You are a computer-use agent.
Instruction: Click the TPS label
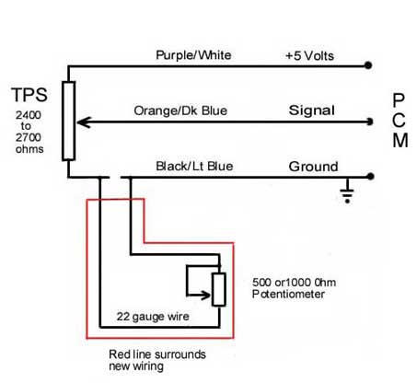point(29,95)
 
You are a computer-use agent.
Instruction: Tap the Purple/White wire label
point(193,55)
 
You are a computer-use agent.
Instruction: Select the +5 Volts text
point(309,56)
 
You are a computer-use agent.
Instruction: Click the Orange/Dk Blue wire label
point(180,110)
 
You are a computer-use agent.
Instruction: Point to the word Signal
point(311,110)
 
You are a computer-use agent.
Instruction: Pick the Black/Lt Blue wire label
point(194,166)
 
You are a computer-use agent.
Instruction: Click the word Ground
point(313,167)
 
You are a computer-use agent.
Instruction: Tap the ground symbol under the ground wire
point(347,191)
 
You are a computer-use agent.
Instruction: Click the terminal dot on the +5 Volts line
point(368,65)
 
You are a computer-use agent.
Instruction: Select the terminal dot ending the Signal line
point(369,122)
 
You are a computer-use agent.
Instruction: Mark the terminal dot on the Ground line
point(370,177)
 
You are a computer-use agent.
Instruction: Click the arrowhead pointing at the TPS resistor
point(83,122)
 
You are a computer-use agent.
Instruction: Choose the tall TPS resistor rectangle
point(69,121)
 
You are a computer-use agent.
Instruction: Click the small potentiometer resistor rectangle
point(219,289)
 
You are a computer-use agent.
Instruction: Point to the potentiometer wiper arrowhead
point(206,296)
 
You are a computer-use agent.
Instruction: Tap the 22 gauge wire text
point(153,317)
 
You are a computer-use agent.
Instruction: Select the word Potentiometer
point(288,294)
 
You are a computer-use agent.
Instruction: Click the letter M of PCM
point(400,141)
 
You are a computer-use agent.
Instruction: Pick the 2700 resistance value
point(29,137)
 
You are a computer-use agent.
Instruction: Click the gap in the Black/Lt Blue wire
point(115,178)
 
